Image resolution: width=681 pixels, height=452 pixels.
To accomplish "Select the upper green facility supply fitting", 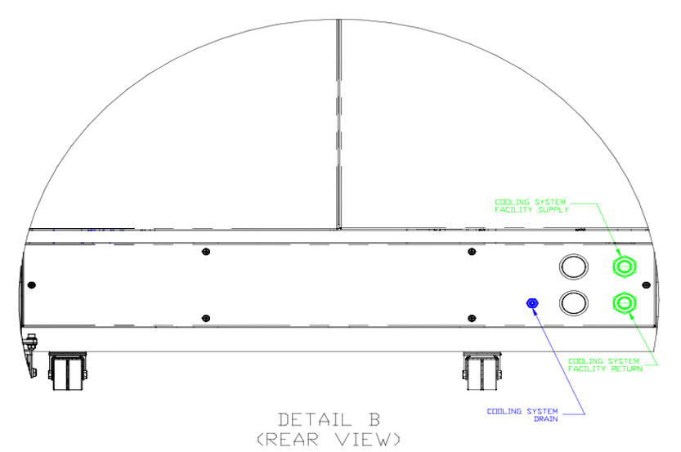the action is click(x=624, y=266).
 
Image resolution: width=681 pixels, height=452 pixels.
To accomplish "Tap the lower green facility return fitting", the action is click(x=624, y=302).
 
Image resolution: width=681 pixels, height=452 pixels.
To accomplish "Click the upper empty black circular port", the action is click(x=574, y=266).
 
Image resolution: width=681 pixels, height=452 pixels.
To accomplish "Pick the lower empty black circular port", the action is click(x=574, y=302).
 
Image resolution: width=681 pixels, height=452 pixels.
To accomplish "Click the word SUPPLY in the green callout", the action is click(x=553, y=210).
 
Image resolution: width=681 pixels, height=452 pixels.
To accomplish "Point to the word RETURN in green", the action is click(x=627, y=369).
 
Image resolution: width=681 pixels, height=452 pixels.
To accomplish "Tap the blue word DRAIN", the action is click(x=546, y=418).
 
